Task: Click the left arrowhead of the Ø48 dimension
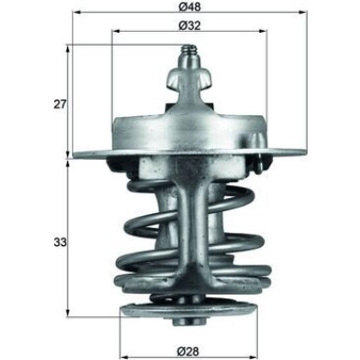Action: click(73, 14)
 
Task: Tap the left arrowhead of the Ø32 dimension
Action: click(115, 32)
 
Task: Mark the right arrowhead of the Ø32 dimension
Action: click(266, 32)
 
